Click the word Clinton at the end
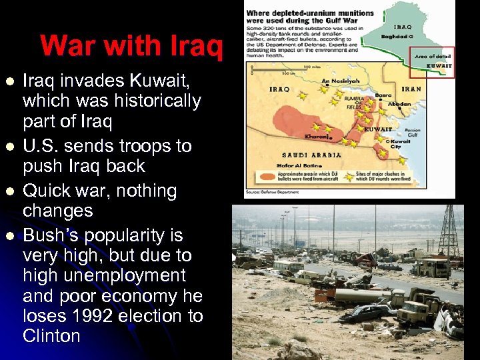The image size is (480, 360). coord(51,335)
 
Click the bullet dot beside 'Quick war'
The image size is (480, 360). coord(9,191)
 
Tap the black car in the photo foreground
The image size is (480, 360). coord(364,312)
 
